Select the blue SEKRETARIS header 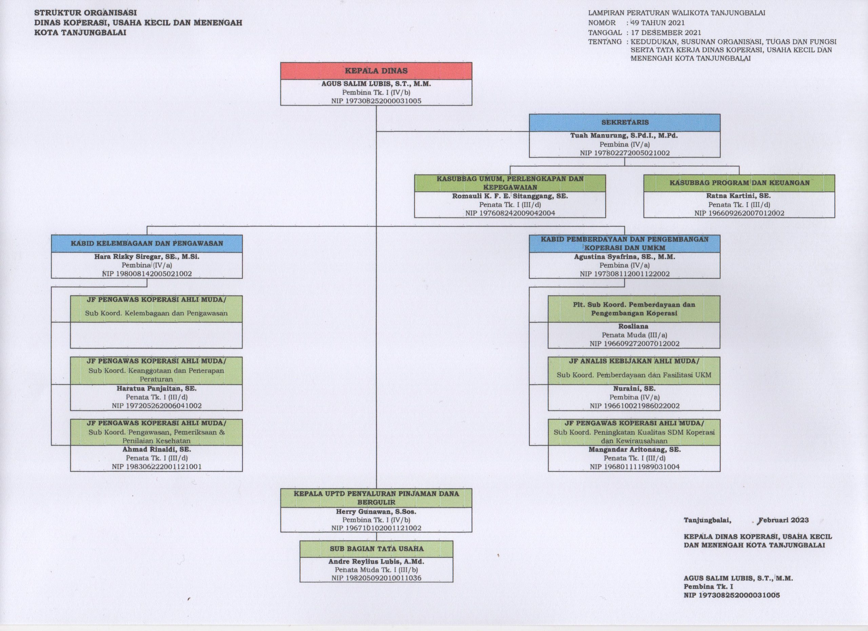point(625,122)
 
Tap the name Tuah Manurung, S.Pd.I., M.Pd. point(624,136)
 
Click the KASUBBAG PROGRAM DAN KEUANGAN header point(739,183)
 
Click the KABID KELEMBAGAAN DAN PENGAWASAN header point(146,244)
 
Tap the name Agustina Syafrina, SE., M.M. point(625,256)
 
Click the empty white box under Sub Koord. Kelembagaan point(156,335)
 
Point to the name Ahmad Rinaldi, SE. point(157,450)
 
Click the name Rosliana point(633,326)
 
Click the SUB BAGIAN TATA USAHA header point(376,549)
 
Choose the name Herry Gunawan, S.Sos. point(376,511)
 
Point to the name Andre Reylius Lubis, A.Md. point(376,562)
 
